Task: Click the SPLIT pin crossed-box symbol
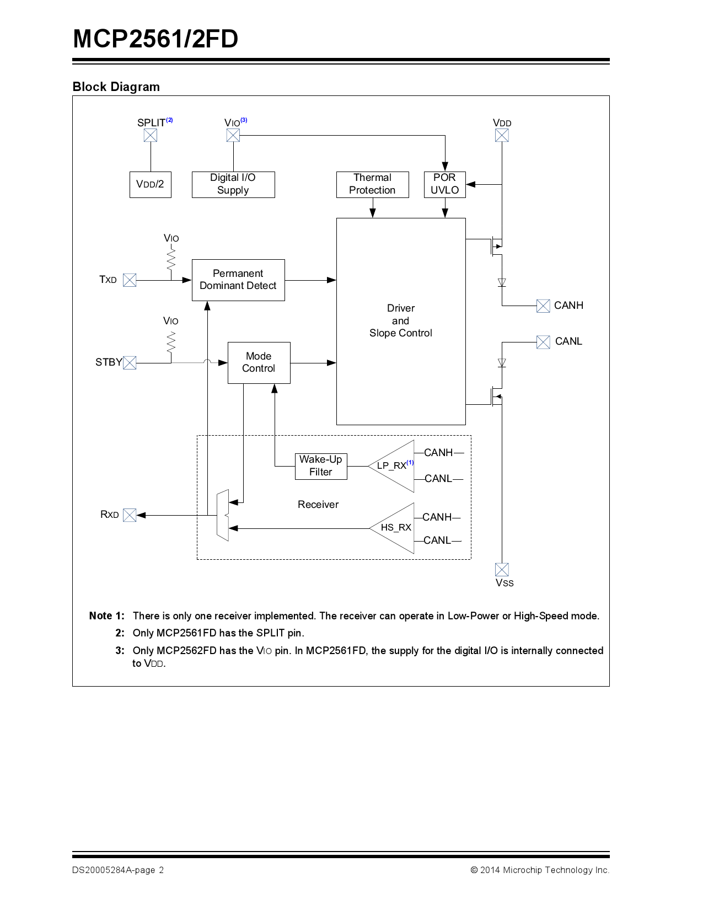[x=151, y=135]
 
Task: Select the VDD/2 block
[x=150, y=184]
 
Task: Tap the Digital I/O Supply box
[x=233, y=184]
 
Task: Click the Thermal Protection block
[x=372, y=184]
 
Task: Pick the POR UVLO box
[x=444, y=184]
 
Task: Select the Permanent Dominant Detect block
[x=238, y=280]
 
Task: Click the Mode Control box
[x=259, y=362]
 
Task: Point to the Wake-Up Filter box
[x=321, y=465]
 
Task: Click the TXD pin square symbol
[x=130, y=280]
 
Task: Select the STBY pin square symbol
[x=130, y=363]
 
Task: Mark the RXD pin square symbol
[x=130, y=515]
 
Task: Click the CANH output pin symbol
[x=543, y=306]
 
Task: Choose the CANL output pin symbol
[x=543, y=342]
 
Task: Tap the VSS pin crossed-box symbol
[x=502, y=570]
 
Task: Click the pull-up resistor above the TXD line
[x=171, y=259]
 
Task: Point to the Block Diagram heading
[x=116, y=87]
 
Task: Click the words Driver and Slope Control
[x=401, y=320]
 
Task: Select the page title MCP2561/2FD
[x=155, y=39]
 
